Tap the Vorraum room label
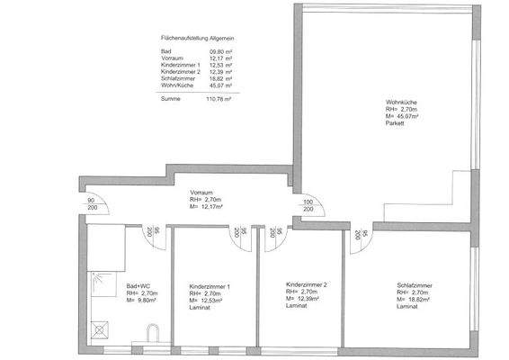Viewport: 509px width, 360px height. tap(201, 193)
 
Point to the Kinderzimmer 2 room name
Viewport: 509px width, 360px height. tap(306, 283)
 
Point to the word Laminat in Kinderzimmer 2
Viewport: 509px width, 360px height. tap(297, 306)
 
